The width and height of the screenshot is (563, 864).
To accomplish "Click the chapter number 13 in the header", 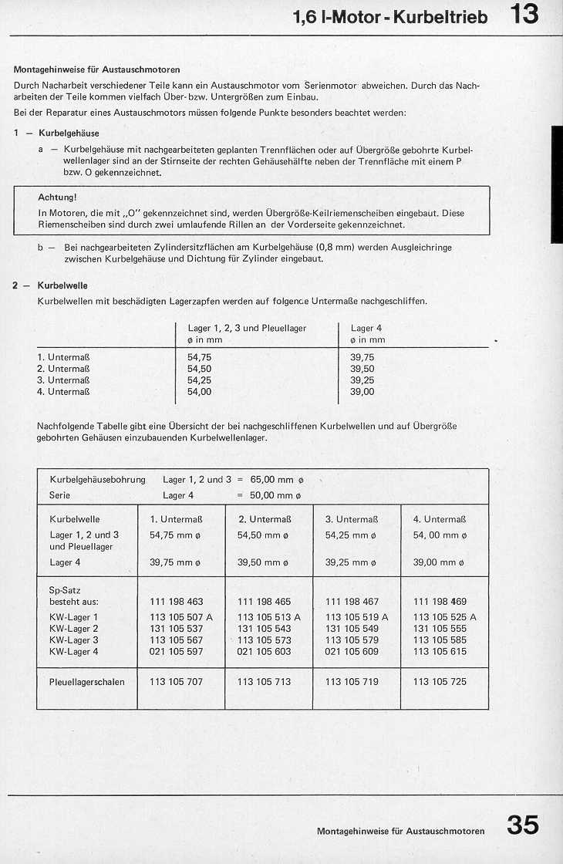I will [x=524, y=15].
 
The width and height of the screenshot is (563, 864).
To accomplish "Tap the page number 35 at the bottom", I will [x=522, y=825].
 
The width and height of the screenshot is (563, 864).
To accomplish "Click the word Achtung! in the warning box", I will [x=57, y=197].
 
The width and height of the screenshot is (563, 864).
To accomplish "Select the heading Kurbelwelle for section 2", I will [x=62, y=285].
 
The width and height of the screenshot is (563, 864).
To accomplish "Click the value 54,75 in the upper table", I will [x=199, y=358].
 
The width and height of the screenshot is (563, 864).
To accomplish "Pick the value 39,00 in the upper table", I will [x=362, y=392].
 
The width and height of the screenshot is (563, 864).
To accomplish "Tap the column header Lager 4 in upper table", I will [x=366, y=328].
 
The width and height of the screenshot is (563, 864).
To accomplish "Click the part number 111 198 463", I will [x=176, y=602].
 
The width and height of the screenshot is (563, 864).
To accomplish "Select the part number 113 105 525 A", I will [x=444, y=617].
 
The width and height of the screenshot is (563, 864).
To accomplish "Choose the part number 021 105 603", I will [x=264, y=652].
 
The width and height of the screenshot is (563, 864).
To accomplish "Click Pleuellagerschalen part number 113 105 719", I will [x=352, y=682].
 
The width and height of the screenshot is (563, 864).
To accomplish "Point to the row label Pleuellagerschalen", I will [x=86, y=682].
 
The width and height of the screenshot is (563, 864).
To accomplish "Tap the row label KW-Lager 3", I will [x=74, y=640].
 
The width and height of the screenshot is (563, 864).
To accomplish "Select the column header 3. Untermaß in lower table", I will [x=351, y=519].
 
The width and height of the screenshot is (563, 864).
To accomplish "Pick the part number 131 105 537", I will [x=176, y=629].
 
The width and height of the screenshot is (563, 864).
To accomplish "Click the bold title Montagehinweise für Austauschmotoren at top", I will [x=97, y=69].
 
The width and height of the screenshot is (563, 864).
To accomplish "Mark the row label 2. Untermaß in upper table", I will [x=64, y=370].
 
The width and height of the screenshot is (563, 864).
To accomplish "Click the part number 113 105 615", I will [x=440, y=652].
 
